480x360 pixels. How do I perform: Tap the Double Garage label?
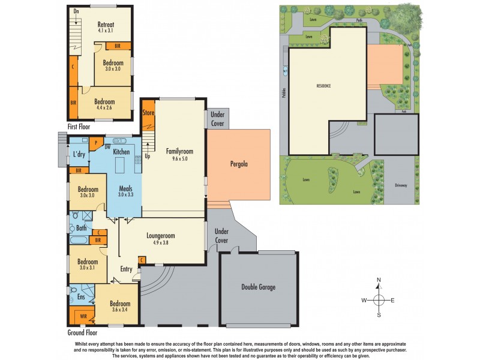[x=259, y=287]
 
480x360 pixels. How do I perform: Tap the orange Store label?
[x=148, y=112]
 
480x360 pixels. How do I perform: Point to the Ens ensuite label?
[x=81, y=296]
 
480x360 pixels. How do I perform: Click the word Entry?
[x=126, y=269]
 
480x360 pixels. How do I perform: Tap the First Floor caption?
[x=80, y=127]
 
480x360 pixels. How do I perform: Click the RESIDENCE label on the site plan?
[x=324, y=86]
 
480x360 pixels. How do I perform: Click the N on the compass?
[x=379, y=280]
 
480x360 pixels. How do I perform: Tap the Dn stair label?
[x=76, y=11]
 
